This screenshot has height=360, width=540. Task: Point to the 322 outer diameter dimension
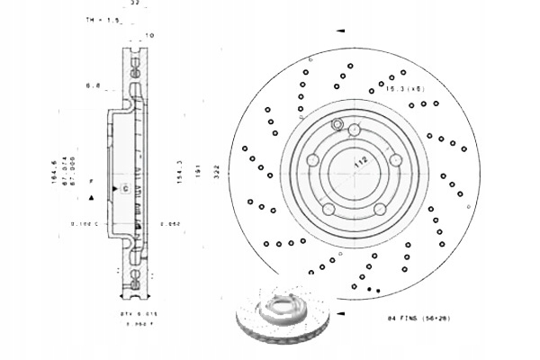coord(216,174)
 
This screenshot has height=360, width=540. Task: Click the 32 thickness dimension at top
coord(135,4)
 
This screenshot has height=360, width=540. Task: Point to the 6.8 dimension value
coord(92,86)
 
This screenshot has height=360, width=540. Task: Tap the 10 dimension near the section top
coord(149,36)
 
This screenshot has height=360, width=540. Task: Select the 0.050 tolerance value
coord(170,221)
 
